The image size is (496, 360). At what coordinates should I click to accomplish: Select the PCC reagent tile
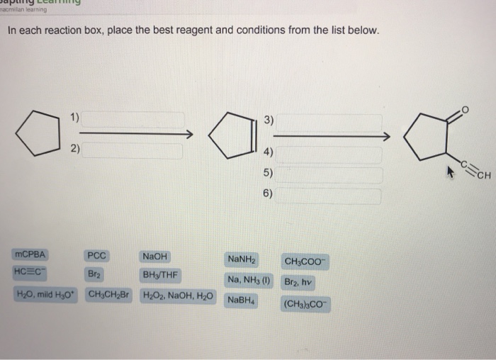coord(96,257)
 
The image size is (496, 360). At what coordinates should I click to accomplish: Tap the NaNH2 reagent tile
coord(242,260)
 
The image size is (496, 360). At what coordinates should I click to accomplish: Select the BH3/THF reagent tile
coord(160,275)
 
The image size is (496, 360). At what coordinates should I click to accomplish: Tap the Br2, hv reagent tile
coord(298,281)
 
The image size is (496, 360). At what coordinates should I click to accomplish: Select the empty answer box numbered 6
coord(328,193)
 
